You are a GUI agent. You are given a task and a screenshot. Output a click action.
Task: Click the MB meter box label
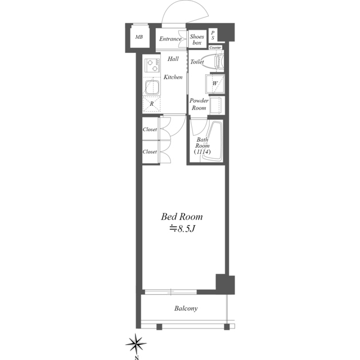(x=139, y=37)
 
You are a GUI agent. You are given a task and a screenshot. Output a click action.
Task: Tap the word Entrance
(x=170, y=39)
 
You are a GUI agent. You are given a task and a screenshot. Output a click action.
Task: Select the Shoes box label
(x=197, y=39)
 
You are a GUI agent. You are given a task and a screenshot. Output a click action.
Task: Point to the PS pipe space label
(x=213, y=35)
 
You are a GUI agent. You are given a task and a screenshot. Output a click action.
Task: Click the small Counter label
(x=215, y=48)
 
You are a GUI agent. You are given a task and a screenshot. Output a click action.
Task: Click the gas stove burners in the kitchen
(x=152, y=65)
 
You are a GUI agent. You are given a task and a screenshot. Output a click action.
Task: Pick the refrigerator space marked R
(x=151, y=104)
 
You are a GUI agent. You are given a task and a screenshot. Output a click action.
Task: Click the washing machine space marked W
(x=215, y=83)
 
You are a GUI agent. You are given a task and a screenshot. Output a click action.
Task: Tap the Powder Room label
(x=199, y=104)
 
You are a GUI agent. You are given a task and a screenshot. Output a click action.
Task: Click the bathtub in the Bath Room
(x=213, y=141)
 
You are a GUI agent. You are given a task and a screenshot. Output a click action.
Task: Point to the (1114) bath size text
(x=202, y=151)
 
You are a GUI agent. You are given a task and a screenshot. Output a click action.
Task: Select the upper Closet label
(x=150, y=129)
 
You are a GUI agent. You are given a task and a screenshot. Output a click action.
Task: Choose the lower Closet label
(x=150, y=152)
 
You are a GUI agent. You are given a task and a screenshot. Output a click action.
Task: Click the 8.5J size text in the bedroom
(x=182, y=229)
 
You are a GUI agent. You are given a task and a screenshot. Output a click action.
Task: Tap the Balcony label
(x=186, y=308)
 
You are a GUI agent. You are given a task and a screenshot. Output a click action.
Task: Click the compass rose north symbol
(x=136, y=344)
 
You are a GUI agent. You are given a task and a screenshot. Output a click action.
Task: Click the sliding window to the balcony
(x=171, y=292)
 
